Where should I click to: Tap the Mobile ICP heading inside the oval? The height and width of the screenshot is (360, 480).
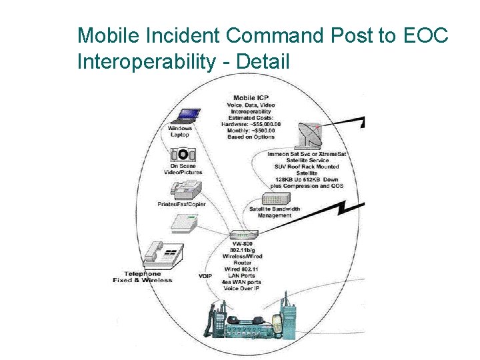[x=251, y=99]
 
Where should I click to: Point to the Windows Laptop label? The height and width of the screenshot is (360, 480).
[x=180, y=131]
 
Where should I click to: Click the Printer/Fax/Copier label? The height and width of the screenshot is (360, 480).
[x=181, y=204]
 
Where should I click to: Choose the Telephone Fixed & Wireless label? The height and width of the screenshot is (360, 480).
[x=143, y=277]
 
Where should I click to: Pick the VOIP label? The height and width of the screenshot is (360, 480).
[x=205, y=276]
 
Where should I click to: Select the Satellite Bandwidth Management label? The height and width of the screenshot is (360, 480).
[x=275, y=213]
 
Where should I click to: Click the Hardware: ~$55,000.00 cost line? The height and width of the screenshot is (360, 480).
[x=251, y=124]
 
